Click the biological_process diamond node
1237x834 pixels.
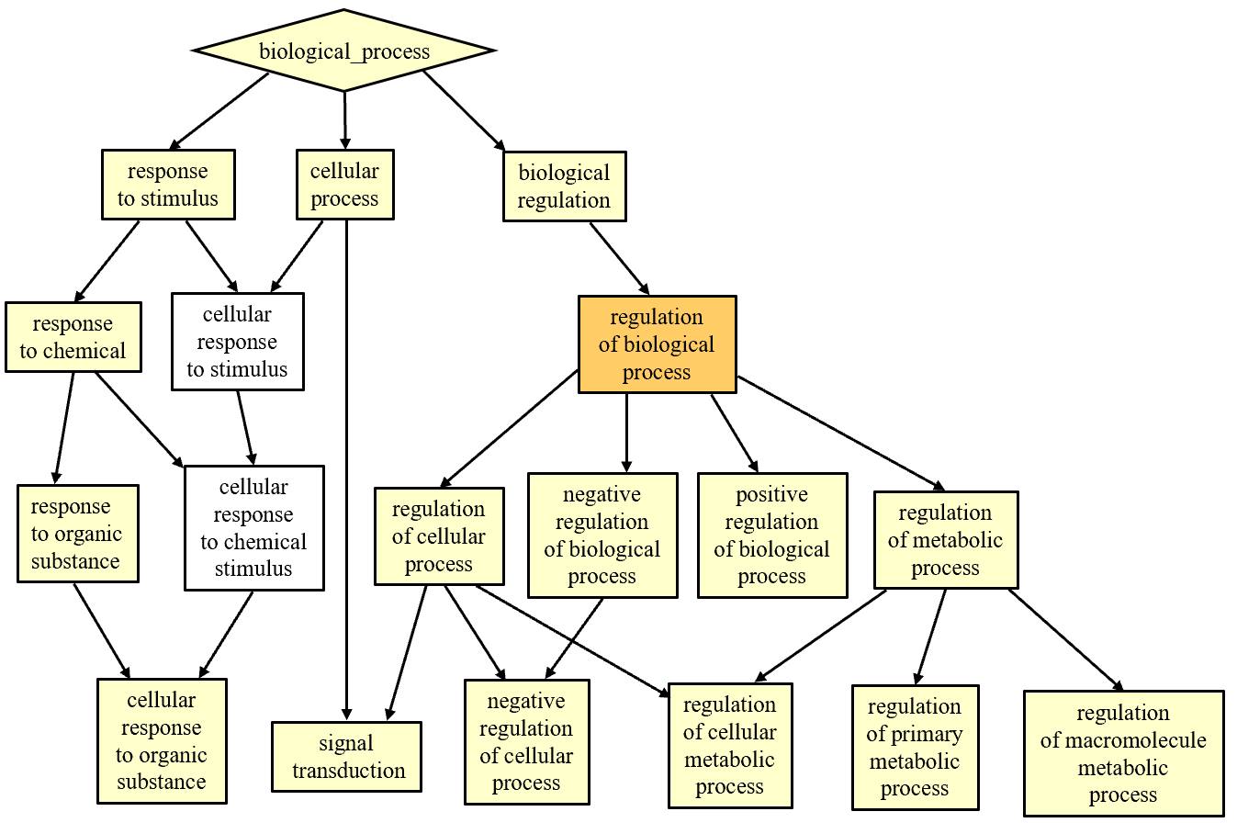344,51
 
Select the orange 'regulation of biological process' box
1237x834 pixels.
657,344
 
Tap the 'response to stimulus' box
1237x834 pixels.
168,185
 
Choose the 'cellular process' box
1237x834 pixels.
344,185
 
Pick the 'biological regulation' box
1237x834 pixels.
564,186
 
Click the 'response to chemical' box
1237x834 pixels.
73,337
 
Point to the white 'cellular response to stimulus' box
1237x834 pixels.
237,342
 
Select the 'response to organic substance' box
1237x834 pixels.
77,534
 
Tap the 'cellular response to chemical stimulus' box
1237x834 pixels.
253,528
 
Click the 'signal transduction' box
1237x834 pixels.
346,757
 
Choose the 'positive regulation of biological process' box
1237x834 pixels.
771,535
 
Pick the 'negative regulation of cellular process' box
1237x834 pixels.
526,742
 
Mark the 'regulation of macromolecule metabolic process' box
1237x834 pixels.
1123,753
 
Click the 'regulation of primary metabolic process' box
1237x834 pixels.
915,748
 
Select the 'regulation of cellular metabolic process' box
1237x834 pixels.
730,746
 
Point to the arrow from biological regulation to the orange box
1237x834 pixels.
619,257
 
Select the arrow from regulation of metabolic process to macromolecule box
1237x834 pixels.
1065,639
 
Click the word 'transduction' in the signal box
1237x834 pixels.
349,771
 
